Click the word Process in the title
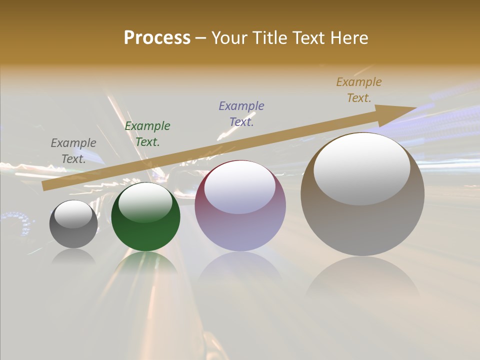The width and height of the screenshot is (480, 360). tap(157, 38)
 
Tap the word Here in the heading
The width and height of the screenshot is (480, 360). tap(348, 38)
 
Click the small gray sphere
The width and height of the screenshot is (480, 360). tap(73, 224)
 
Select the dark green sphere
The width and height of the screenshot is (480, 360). tap(145, 217)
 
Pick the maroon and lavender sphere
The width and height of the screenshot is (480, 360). tap(240, 206)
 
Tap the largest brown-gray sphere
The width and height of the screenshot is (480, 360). tap(362, 194)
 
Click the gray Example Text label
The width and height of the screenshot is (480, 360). tap(73, 151)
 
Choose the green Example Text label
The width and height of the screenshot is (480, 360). tap(147, 134)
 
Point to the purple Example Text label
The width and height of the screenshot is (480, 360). tap(241, 114)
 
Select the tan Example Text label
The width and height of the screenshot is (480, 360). tap(359, 90)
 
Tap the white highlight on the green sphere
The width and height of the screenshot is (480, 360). tap(145, 202)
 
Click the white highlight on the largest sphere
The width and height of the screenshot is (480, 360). tap(361, 168)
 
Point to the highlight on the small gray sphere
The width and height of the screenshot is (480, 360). tap(73, 214)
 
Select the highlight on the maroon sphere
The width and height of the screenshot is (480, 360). tap(239, 186)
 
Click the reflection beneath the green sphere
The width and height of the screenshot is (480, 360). tap(145, 263)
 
